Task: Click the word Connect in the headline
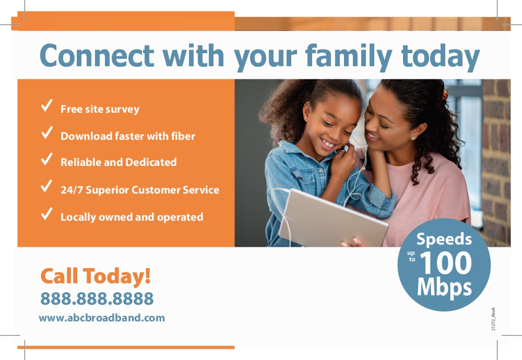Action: (97, 55)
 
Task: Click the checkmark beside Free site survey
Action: (46, 105)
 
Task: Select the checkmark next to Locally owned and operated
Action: (46, 213)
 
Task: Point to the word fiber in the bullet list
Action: (183, 136)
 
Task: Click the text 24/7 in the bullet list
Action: (72, 190)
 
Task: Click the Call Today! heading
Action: (96, 276)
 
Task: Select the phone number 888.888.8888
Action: (97, 298)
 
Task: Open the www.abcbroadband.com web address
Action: (102, 318)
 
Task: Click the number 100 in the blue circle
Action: (446, 263)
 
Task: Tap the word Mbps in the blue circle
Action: (444, 287)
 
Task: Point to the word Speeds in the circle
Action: (444, 239)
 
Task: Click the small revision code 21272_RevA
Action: (493, 319)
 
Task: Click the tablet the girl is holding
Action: (333, 218)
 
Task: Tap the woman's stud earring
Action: (413, 138)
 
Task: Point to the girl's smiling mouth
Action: (328, 143)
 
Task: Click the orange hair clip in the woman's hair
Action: (445, 95)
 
